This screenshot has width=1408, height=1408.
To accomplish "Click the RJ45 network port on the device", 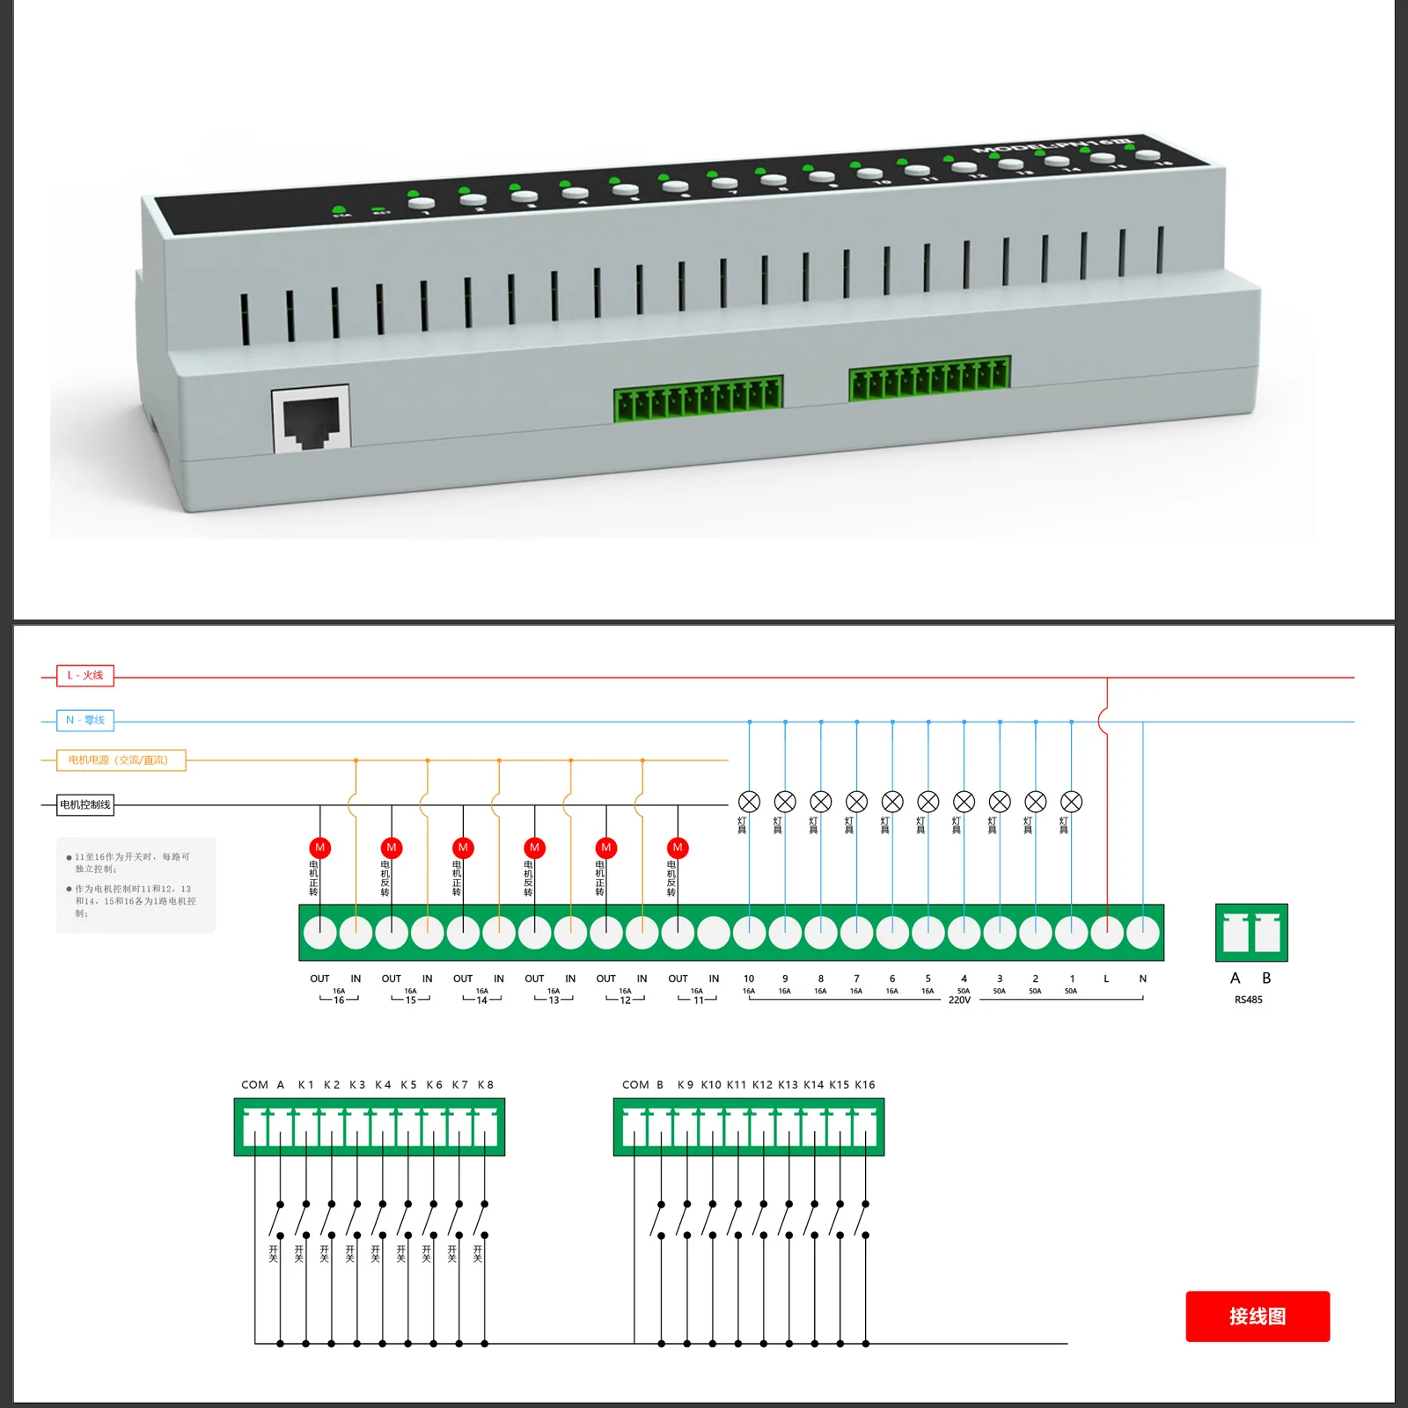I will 311,420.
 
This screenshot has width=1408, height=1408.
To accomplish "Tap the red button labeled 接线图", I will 1257,1316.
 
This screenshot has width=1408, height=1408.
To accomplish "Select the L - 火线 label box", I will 85,676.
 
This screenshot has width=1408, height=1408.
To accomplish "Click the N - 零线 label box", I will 85,721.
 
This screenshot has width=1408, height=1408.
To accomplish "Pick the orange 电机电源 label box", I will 121,760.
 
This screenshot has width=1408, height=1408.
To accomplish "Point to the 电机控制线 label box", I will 85,805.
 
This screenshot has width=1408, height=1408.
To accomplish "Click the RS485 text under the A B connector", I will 1248,1001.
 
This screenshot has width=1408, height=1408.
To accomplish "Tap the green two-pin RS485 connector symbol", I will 1250,933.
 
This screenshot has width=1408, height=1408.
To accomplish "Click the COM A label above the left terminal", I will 262,1085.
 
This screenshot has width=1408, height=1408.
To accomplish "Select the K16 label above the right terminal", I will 864,1085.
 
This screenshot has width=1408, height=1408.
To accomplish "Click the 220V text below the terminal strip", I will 959,1001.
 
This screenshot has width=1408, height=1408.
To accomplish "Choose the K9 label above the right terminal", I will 685,1085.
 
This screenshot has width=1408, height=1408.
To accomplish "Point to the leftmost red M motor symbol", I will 319,847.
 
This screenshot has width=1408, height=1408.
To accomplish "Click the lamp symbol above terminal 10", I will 749,802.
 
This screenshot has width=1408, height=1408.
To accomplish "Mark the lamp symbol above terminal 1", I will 1071,802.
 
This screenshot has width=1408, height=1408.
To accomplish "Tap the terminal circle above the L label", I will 1106,933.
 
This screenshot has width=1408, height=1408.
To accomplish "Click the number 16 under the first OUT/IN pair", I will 339,1001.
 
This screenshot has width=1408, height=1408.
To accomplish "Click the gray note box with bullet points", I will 136,884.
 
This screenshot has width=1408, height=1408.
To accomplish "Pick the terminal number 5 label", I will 928,979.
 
